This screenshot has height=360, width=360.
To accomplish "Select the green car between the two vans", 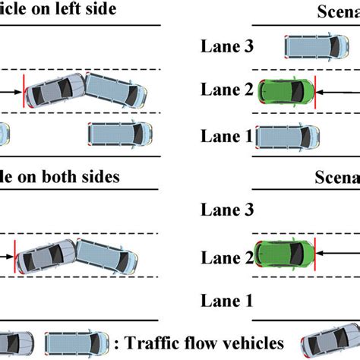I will [x=288, y=91].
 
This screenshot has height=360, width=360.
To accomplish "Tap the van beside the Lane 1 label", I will [x=288, y=137].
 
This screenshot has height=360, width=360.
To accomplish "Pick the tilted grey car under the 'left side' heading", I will [x=55, y=93].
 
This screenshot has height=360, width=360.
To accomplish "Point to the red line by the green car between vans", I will [x=317, y=91].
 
